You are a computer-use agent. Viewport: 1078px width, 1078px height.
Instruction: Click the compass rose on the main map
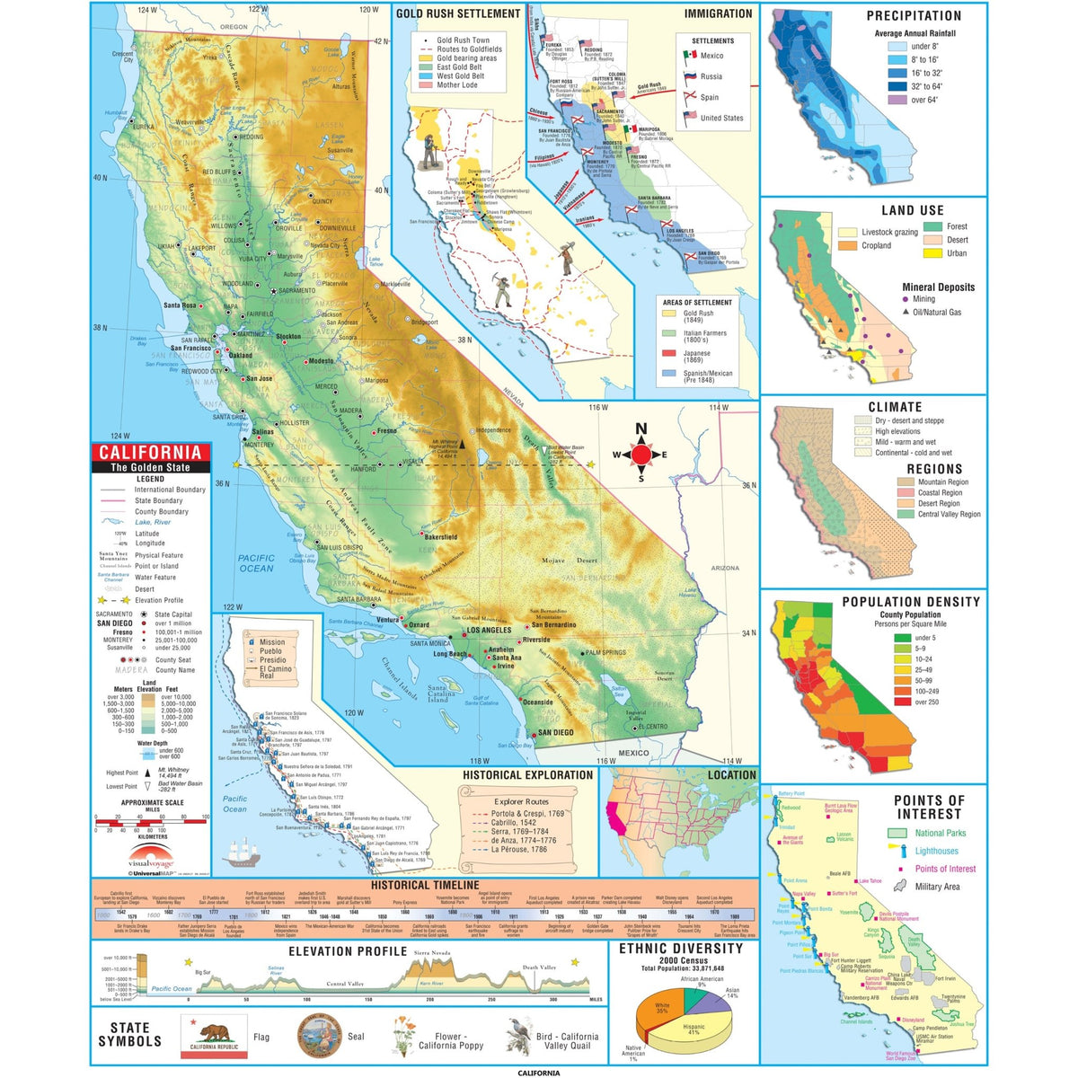(641, 454)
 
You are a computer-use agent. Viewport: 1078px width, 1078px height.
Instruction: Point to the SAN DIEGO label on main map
(555, 733)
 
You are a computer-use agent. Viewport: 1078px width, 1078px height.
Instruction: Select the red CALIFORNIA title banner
(150, 453)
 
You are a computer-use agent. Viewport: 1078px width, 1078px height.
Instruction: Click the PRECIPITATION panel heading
(914, 16)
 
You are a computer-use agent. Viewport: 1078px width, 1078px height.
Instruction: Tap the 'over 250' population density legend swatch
(902, 702)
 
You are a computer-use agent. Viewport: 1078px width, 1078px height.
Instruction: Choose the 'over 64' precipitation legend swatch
(897, 101)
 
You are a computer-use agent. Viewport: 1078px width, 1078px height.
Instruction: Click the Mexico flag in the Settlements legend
(689, 56)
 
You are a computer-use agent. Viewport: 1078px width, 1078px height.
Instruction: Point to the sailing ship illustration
(243, 851)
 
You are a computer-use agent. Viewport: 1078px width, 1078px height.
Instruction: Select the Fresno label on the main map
(386, 431)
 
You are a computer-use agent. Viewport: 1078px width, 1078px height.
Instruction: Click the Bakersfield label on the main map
(440, 537)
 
